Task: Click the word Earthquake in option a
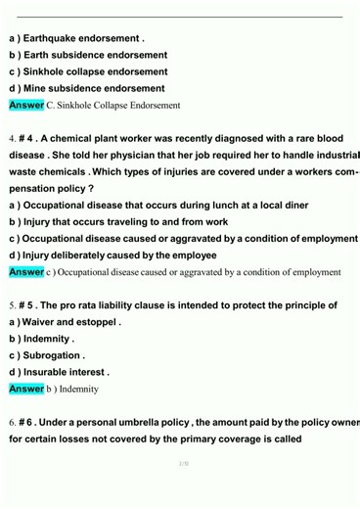pyautogui.click(x=60, y=39)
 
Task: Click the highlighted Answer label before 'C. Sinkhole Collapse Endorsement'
pyautogui.click(x=26, y=105)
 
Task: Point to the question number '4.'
pyautogui.click(x=12, y=139)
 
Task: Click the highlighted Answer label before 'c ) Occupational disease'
pyautogui.click(x=26, y=272)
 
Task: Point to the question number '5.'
pyautogui.click(x=12, y=305)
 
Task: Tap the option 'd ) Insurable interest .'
pyautogui.click(x=59, y=372)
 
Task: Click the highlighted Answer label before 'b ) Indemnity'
pyautogui.click(x=26, y=389)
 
